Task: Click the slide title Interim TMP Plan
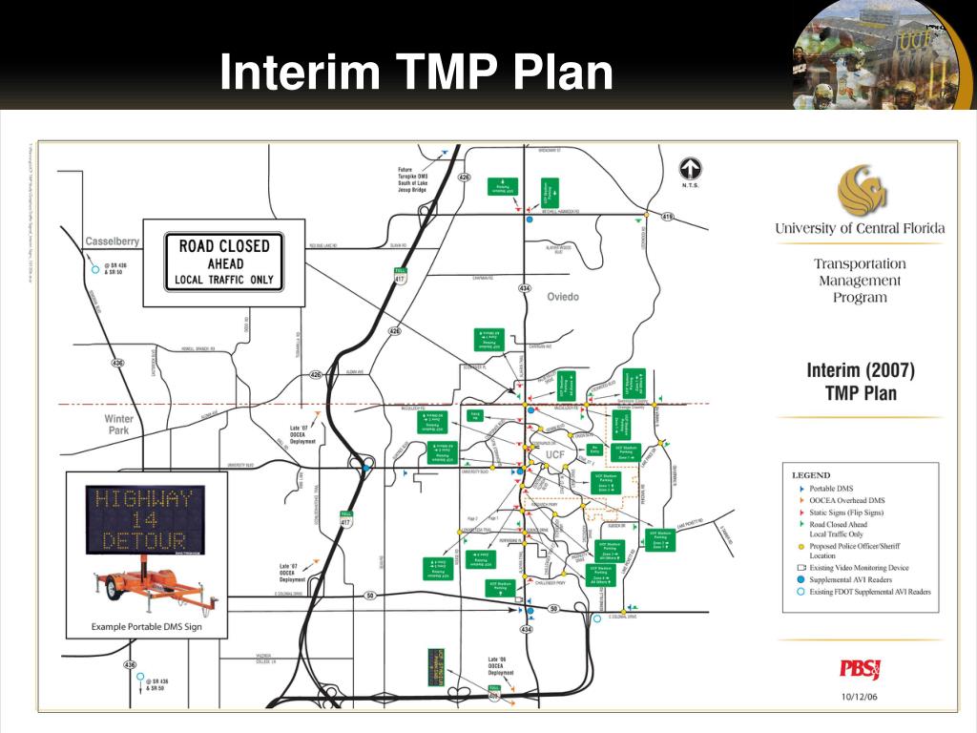[x=416, y=73]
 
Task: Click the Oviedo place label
[x=563, y=297]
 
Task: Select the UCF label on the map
[x=555, y=455]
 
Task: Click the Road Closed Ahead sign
[x=224, y=262]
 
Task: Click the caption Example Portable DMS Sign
[x=146, y=627]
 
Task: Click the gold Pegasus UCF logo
[x=862, y=190]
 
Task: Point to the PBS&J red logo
[x=860, y=669]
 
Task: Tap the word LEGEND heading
[x=811, y=475]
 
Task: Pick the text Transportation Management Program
[x=859, y=281]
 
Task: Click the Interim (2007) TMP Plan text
[x=860, y=381]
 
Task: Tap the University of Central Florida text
[x=860, y=228]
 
